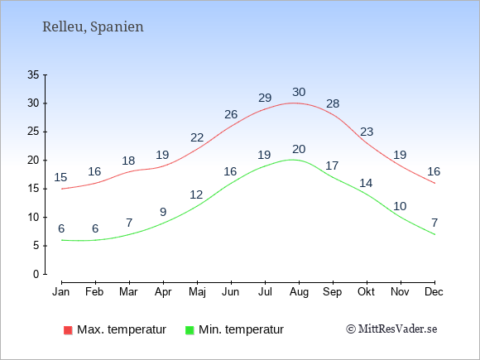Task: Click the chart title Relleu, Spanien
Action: click(93, 27)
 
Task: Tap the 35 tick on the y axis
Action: click(33, 74)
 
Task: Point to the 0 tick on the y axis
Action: click(36, 274)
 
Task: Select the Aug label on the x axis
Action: click(299, 292)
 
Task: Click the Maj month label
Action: click(197, 292)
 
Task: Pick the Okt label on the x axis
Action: click(366, 291)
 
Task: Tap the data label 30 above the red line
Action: click(299, 92)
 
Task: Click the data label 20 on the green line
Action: click(299, 149)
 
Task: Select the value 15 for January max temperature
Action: click(60, 177)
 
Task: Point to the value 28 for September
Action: click(333, 103)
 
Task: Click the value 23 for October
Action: click(367, 132)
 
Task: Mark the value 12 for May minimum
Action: click(196, 194)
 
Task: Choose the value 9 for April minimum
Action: click(163, 212)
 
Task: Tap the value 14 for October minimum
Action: click(366, 183)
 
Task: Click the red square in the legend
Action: click(68, 330)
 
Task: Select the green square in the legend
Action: click(190, 330)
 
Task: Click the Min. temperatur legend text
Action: click(241, 329)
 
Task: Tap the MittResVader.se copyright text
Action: click(391, 329)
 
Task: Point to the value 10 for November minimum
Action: click(400, 206)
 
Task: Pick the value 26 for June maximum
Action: click(231, 114)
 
